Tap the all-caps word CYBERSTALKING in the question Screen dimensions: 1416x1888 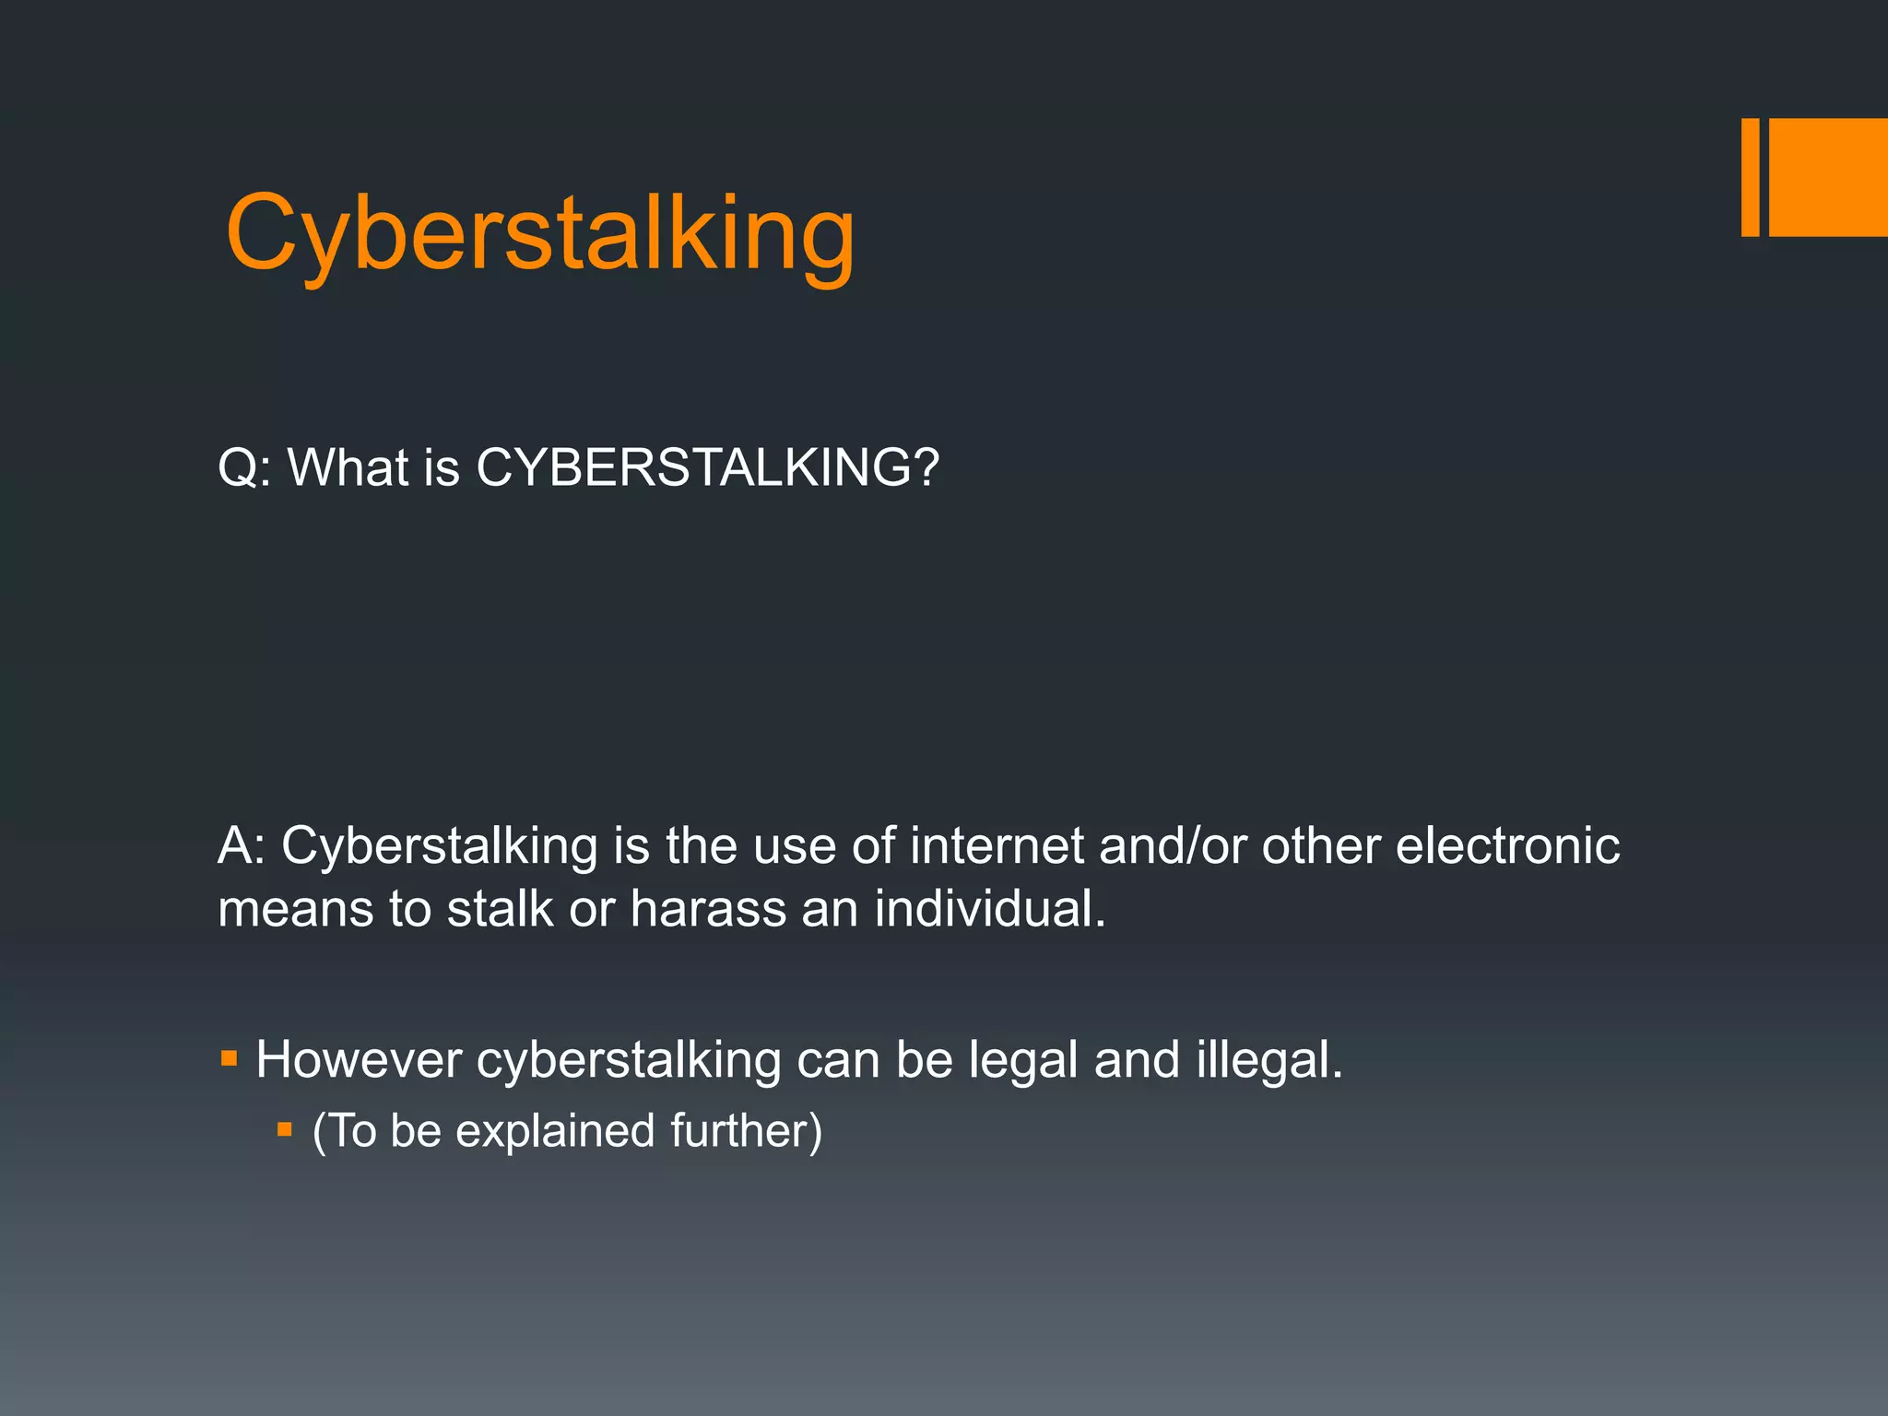tap(707, 467)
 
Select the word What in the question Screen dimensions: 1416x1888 tap(348, 467)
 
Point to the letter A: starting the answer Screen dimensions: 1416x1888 tap(242, 845)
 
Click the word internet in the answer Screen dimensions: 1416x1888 tap(997, 845)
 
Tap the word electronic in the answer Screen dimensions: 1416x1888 tap(1507, 845)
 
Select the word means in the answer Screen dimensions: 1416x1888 tap(295, 909)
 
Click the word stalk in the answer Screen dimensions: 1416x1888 tap(499, 909)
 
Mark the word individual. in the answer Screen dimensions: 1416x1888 tap(990, 909)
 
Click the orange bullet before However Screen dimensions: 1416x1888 tap(230, 1058)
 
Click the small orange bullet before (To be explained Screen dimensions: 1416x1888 tap(285, 1128)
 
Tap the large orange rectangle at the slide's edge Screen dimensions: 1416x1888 tap(1828, 177)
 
